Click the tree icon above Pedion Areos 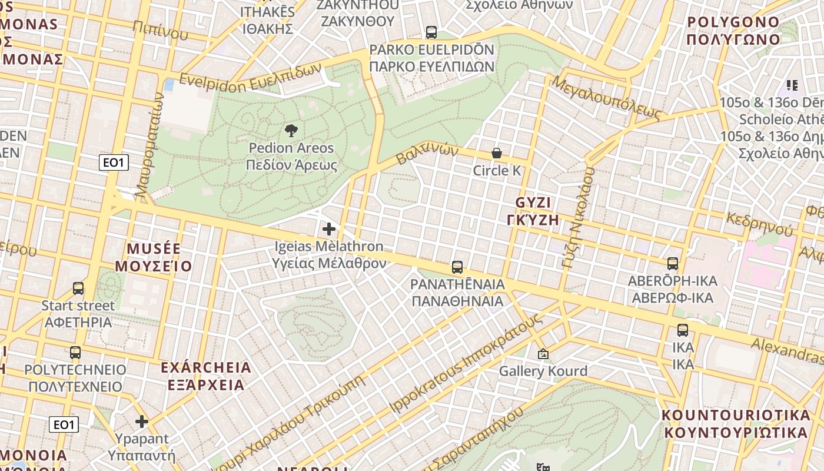click(291, 131)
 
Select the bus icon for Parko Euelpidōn click(431, 32)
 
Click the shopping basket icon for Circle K click(497, 154)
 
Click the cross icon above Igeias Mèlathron click(329, 228)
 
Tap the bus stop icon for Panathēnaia click(457, 267)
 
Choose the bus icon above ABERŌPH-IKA click(673, 264)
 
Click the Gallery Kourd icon click(543, 354)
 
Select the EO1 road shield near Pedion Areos click(114, 163)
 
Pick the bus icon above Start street click(78, 288)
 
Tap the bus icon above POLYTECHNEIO click(75, 353)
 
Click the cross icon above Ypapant click(141, 422)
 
